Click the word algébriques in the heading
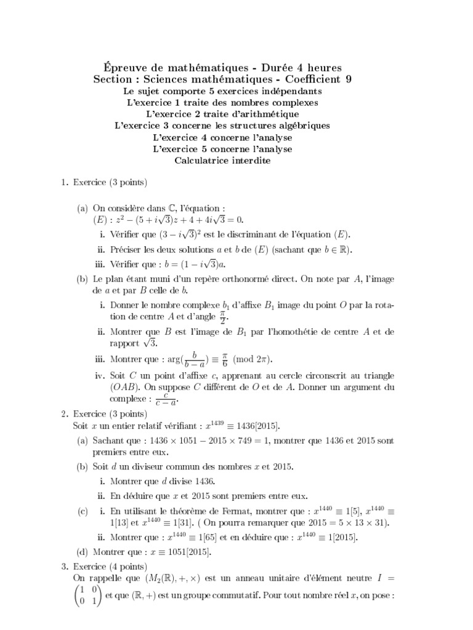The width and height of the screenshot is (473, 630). [x=300, y=126]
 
